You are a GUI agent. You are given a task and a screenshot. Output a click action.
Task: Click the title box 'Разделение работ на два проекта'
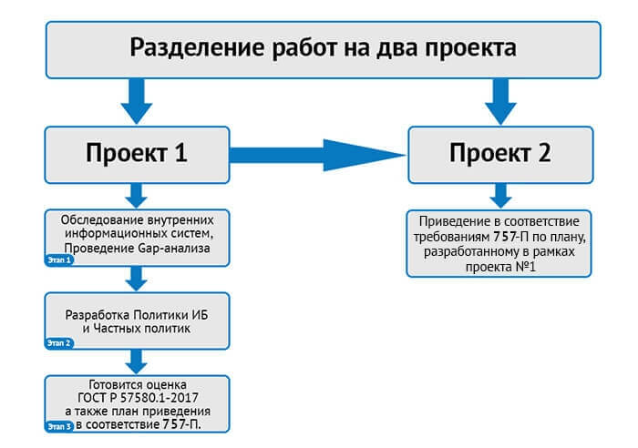324,46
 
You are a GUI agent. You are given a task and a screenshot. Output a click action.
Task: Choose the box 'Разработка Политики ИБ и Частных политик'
137,321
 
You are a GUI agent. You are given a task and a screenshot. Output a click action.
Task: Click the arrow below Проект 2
499,194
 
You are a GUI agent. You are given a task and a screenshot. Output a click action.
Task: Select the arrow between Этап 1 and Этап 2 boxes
137,279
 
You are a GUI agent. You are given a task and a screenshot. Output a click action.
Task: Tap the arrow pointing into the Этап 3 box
137,362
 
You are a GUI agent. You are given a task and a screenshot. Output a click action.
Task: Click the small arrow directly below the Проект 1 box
137,194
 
